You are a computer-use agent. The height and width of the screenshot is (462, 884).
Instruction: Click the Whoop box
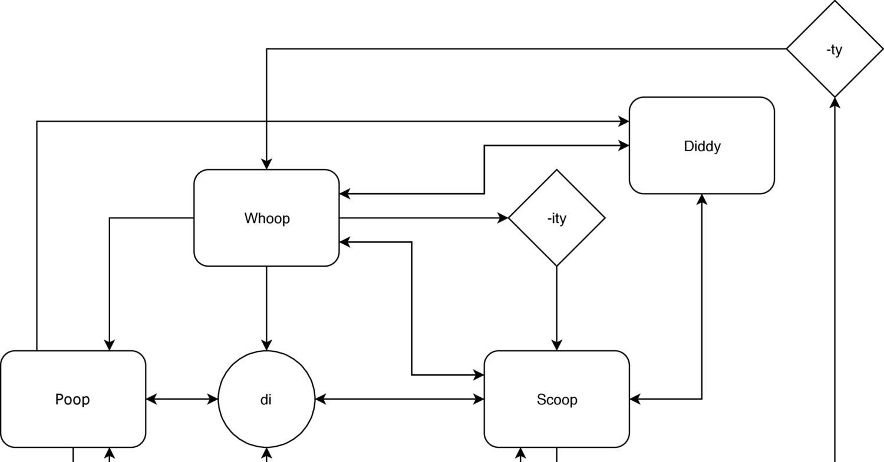pos(266,218)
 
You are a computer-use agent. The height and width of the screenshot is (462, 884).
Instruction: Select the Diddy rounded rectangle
pos(701,145)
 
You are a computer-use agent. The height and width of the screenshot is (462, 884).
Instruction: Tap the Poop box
pos(73,399)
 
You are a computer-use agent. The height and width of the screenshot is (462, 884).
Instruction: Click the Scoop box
pos(556,399)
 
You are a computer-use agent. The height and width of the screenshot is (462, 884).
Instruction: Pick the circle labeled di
pos(266,399)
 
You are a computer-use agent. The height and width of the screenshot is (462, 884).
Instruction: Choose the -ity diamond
pos(556,218)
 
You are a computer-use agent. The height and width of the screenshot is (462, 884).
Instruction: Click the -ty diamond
pos(834,49)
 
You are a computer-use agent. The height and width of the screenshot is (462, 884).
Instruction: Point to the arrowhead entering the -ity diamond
pos(503,218)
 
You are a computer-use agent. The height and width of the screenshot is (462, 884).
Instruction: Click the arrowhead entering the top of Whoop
pos(266,164)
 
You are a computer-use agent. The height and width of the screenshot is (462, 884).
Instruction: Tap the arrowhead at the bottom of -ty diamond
pos(834,102)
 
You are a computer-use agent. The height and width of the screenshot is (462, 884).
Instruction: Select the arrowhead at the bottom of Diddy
pos(701,199)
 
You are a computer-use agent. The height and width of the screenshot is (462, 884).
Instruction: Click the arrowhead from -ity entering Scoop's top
pos(556,345)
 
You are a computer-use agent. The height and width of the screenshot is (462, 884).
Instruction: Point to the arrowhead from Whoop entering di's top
pos(266,345)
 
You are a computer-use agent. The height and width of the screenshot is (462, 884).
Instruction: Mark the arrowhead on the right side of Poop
pos(151,399)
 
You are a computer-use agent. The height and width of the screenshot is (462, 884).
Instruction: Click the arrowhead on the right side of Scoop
pos(635,399)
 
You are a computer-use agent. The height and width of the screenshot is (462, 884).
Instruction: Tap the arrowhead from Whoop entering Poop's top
pos(109,345)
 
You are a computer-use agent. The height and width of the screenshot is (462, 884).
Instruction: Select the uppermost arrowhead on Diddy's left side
pos(624,121)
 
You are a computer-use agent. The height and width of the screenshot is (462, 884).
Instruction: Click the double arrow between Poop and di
pos(182,399)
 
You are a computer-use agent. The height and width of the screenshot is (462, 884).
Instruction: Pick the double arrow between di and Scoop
pos(400,399)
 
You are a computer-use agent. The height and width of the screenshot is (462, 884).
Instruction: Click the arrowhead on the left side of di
pos(213,399)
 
